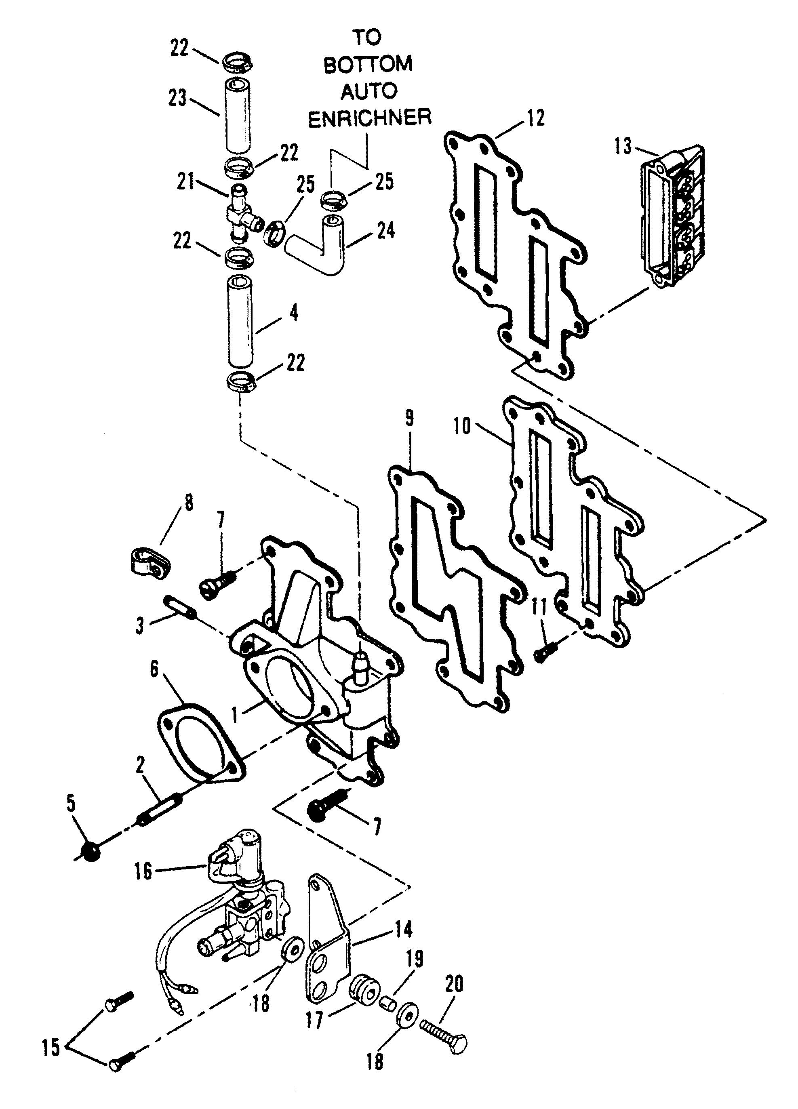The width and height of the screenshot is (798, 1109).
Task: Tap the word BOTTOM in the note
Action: tap(368, 65)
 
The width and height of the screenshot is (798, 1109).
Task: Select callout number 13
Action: tap(623, 147)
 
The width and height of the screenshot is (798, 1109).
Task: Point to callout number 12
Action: tap(537, 118)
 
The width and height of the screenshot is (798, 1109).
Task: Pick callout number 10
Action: tap(462, 426)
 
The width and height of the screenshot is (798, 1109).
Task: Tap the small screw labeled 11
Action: tap(543, 652)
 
